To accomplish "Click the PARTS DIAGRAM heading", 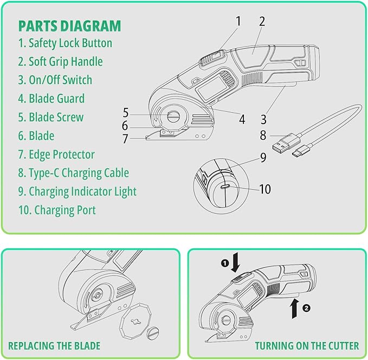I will (x=69, y=25).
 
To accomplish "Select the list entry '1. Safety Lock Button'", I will (x=65, y=43).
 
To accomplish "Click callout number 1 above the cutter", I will (x=238, y=22).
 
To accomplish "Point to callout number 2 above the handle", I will (x=262, y=22).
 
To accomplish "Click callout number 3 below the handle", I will (x=263, y=119).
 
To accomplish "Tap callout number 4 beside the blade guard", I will (x=242, y=119).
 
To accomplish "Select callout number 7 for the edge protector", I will (x=125, y=139).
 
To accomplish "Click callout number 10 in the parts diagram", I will (x=265, y=189).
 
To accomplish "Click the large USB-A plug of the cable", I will (x=281, y=145).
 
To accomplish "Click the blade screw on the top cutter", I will (x=174, y=117).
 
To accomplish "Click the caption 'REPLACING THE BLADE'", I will (x=54, y=345).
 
